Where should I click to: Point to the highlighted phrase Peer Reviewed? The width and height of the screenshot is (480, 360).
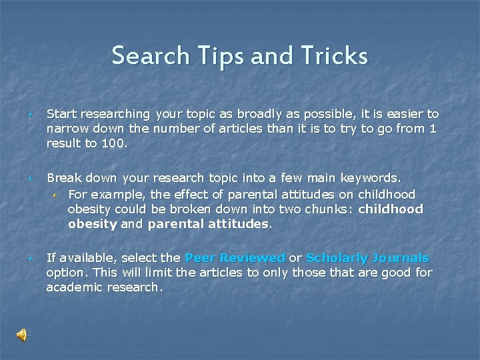tap(235, 258)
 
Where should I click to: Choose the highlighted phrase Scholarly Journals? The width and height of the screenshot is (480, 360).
tap(367, 258)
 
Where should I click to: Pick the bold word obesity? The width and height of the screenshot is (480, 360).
tap(92, 224)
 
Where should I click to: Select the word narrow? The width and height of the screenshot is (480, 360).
tap(66, 129)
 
